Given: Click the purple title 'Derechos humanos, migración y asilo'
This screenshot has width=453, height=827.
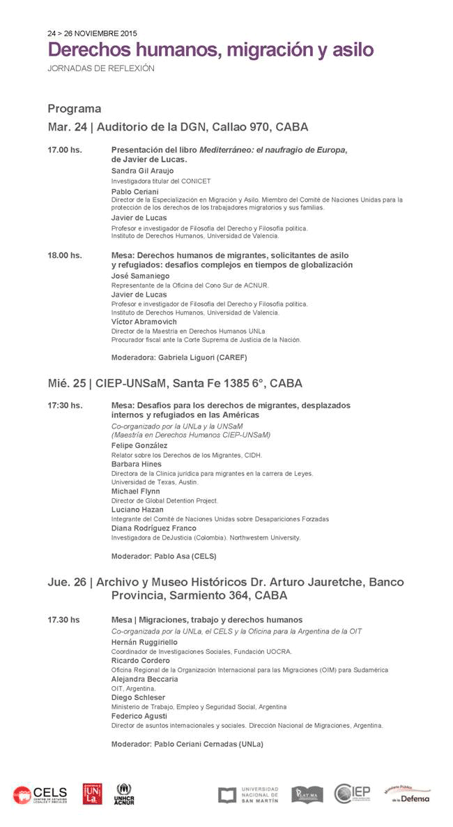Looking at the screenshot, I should point(210,50).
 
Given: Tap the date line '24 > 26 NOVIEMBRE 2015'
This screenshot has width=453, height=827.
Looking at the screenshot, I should point(92,33).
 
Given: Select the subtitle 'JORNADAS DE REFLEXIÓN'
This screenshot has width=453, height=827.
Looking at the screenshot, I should point(101,68).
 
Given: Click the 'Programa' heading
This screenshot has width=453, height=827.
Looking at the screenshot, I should point(75,109).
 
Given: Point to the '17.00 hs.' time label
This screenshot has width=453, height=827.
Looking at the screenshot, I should point(65,150).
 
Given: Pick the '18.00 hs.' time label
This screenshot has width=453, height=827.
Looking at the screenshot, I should point(65,255).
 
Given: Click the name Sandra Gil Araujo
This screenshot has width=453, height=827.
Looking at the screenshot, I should point(143,171).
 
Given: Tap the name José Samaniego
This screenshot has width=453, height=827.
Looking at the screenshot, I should point(140,276).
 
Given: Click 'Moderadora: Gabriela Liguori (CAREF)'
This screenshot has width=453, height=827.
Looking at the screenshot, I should point(179,357).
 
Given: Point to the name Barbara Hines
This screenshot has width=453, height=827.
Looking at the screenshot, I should point(137,464).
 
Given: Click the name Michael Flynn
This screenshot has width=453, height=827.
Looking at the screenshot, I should point(136,491).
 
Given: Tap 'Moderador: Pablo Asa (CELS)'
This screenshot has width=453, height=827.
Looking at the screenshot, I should point(164,556).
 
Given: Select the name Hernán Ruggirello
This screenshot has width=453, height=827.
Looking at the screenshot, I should point(145,642).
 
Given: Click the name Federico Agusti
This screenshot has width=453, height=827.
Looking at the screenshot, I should point(139,716).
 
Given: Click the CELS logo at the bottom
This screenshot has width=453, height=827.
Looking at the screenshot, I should point(40,794).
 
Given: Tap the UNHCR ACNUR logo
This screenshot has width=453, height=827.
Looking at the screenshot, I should point(124,794).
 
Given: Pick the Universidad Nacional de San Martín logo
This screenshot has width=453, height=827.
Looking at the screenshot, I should point(248,795).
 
